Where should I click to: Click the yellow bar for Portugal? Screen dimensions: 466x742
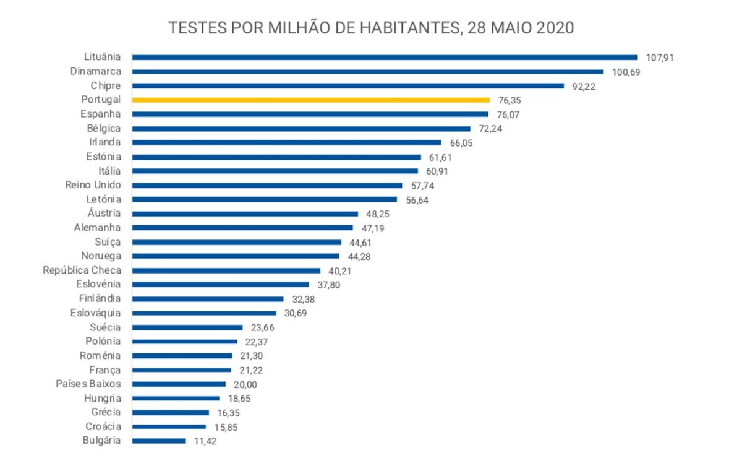(x=311, y=100)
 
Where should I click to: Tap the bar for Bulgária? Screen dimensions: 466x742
(x=159, y=441)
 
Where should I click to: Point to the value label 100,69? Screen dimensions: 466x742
(x=625, y=72)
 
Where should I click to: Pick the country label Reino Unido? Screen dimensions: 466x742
(x=93, y=185)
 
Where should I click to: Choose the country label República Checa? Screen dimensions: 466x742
(x=82, y=270)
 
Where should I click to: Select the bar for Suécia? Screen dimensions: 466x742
(x=187, y=327)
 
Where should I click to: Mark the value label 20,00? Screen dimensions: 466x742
(x=245, y=384)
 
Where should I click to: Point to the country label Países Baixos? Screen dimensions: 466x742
(x=88, y=384)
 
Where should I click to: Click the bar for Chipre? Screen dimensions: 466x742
(x=348, y=86)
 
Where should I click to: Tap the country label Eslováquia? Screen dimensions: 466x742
(x=96, y=313)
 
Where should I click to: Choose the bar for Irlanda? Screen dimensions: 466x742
(x=287, y=142)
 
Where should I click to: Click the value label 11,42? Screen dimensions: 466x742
(x=205, y=441)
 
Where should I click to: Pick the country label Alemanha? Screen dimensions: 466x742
(x=97, y=228)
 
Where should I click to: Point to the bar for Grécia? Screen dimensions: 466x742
(x=171, y=412)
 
